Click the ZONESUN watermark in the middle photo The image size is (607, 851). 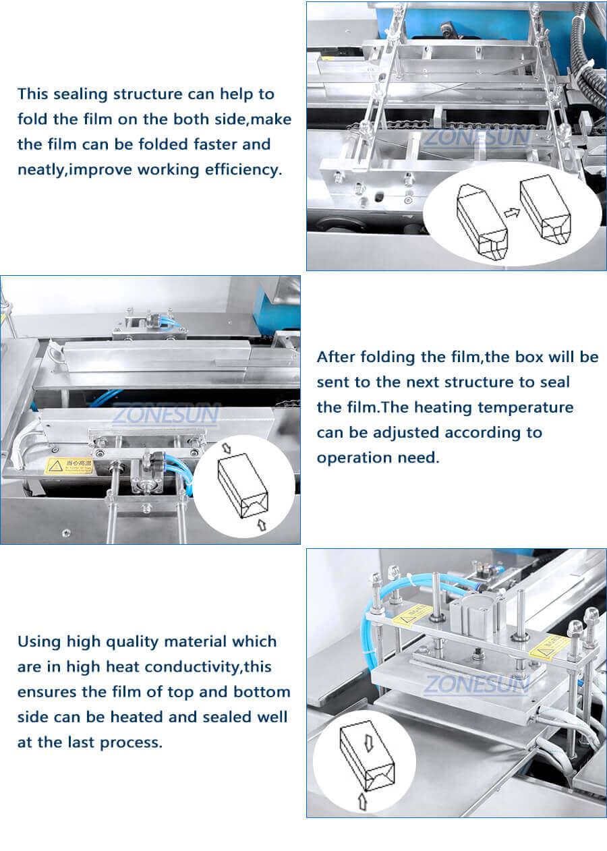coord(165,413)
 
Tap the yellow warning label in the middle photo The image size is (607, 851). coord(69,465)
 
